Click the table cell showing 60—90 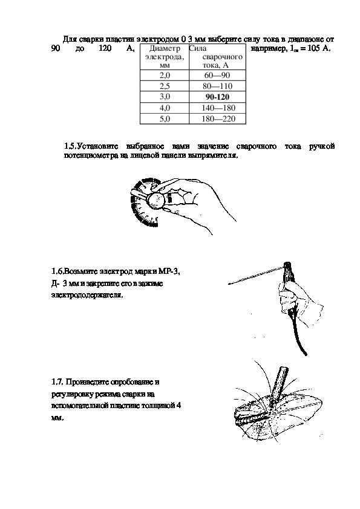tap(217, 76)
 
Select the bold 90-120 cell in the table tap(217, 97)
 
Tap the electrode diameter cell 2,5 tap(165, 86)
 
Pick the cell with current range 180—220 tap(217, 118)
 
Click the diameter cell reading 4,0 tap(165, 108)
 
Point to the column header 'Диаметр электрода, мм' tap(165, 57)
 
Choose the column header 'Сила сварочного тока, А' tap(217, 57)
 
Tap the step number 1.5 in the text tap(70, 146)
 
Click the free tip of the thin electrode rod tap(229, 284)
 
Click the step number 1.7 tap(57, 382)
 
